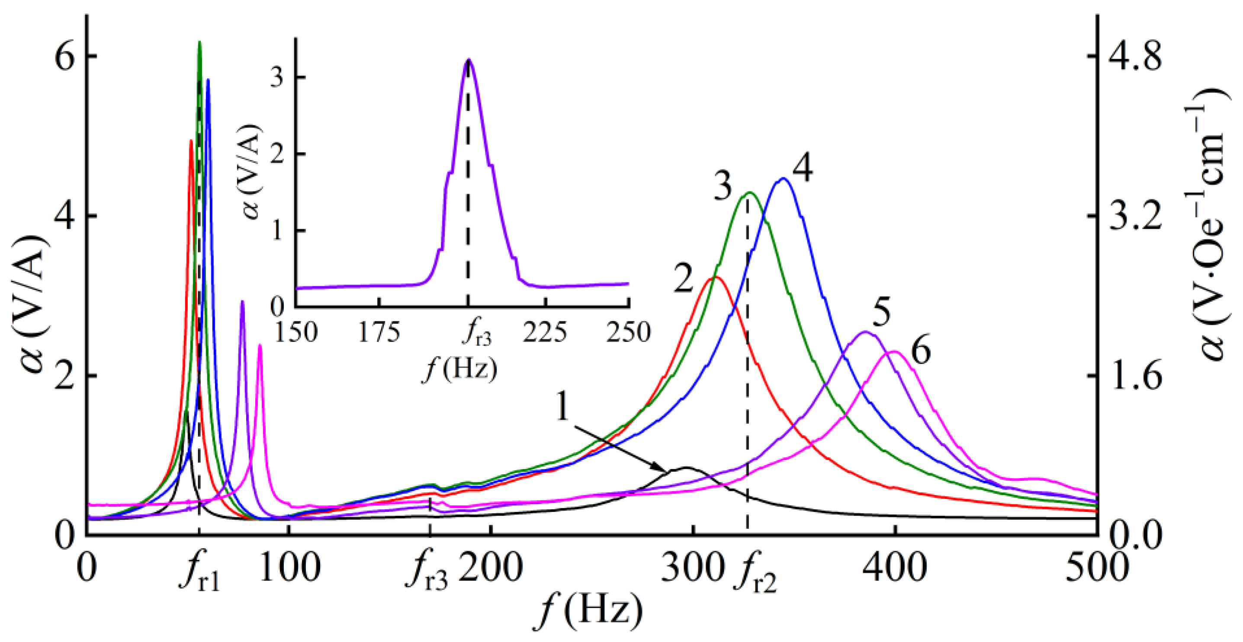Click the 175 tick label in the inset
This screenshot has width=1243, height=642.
(x=379, y=332)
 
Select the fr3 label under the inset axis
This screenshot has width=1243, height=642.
(x=476, y=334)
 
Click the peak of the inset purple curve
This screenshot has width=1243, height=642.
(x=468, y=60)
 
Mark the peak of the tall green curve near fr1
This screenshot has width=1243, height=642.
(x=200, y=42)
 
